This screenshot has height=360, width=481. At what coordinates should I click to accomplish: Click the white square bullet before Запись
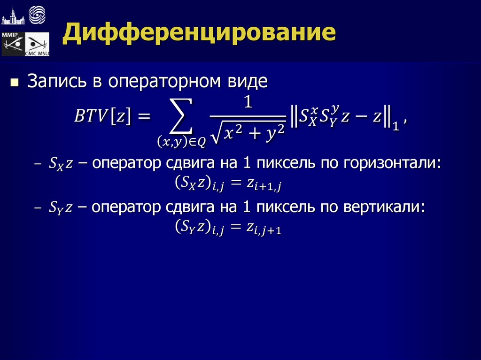tap(14, 84)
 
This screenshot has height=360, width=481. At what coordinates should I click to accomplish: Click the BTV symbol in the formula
tap(90, 116)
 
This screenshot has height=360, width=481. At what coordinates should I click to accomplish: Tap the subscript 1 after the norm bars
tap(396, 126)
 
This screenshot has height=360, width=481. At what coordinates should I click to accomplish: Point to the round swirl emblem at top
tap(38, 15)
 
